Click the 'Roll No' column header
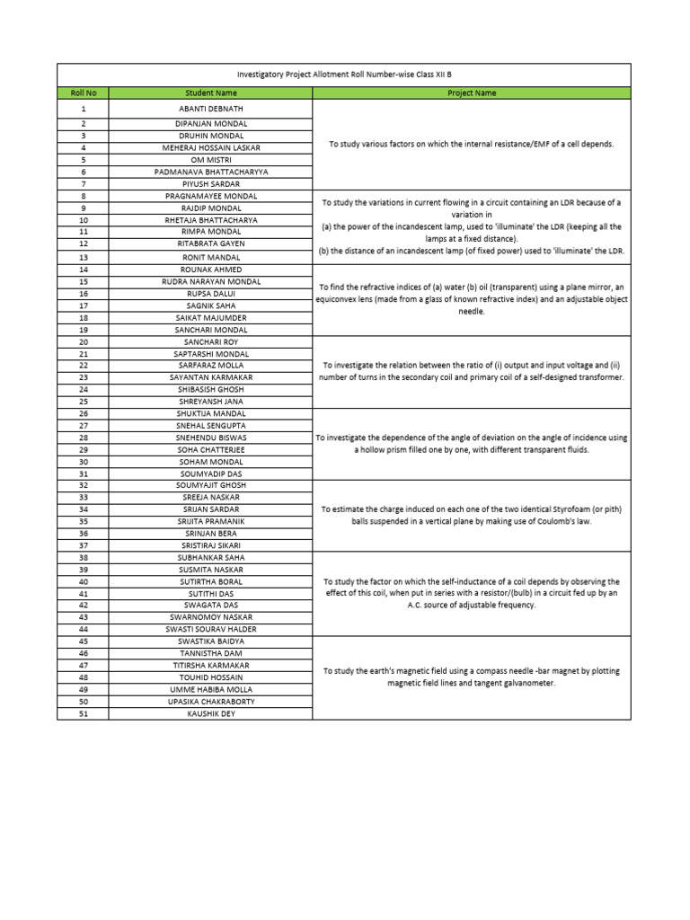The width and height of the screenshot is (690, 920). [x=83, y=93]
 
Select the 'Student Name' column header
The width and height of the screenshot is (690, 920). [x=210, y=93]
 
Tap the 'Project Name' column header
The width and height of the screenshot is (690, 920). [x=471, y=93]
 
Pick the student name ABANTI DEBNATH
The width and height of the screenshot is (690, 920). [x=210, y=109]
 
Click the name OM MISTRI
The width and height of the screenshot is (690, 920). [x=210, y=159]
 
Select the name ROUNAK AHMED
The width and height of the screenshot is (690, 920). [x=210, y=270]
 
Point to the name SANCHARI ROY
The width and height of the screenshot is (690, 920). [x=210, y=342]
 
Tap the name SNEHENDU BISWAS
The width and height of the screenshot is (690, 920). [x=210, y=438]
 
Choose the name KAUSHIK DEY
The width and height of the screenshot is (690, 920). [x=210, y=713]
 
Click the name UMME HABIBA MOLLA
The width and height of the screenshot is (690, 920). [x=210, y=689]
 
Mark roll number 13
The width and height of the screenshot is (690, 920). [x=83, y=257]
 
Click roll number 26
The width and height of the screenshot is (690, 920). [x=83, y=413]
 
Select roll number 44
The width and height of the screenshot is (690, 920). [x=83, y=629]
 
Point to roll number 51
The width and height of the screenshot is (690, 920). [x=83, y=713]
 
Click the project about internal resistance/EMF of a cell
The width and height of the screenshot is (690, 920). [x=471, y=144]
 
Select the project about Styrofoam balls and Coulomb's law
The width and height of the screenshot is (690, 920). [x=471, y=515]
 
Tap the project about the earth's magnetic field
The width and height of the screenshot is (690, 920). [x=471, y=677]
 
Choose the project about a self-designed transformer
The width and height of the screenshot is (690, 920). [x=471, y=371]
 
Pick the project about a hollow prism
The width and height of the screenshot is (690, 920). [x=471, y=443]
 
